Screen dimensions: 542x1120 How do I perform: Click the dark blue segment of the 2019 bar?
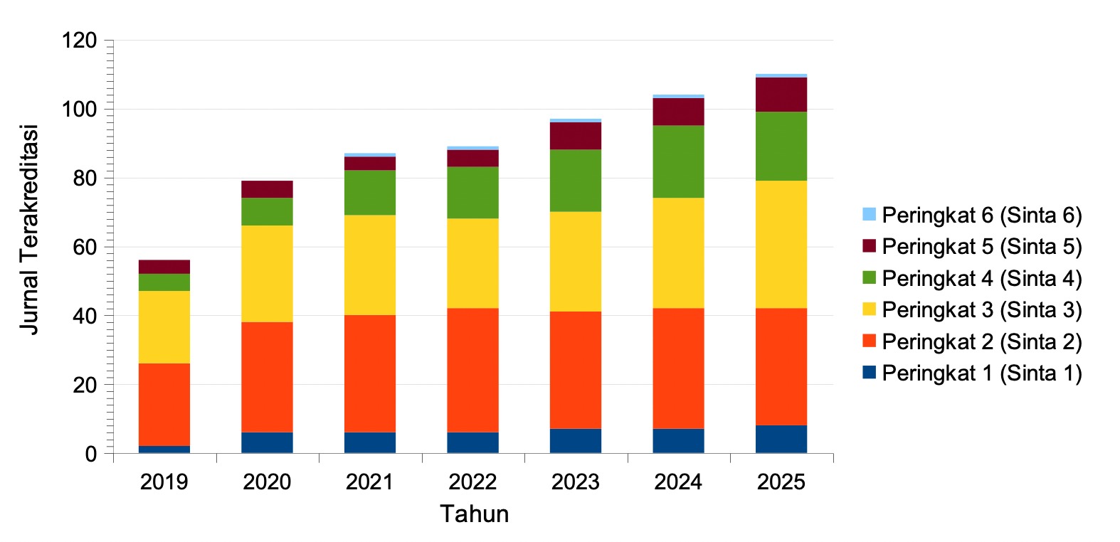click(164, 449)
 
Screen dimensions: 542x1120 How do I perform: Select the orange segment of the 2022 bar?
click(472, 370)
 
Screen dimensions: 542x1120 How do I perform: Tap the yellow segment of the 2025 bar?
click(781, 244)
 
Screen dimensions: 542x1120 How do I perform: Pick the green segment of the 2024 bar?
click(678, 161)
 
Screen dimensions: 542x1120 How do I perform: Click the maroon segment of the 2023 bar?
click(576, 135)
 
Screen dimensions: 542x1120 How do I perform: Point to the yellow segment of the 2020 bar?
click(267, 273)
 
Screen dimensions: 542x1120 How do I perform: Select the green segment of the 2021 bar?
click(370, 192)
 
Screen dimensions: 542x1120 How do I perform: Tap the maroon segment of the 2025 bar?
click(781, 94)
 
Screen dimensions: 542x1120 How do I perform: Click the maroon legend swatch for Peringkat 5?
click(869, 246)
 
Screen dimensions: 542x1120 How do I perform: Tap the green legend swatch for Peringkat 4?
click(869, 277)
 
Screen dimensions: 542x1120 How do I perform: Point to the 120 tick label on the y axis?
click(79, 41)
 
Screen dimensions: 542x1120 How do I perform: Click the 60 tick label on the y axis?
click(85, 247)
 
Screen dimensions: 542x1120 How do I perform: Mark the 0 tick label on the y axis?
click(91, 454)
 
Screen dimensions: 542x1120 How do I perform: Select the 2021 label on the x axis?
click(370, 482)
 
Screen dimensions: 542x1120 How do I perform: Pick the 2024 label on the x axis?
click(678, 482)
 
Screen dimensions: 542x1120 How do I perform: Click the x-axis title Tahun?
click(474, 514)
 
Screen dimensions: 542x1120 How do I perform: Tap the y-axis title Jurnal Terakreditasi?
click(28, 230)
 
